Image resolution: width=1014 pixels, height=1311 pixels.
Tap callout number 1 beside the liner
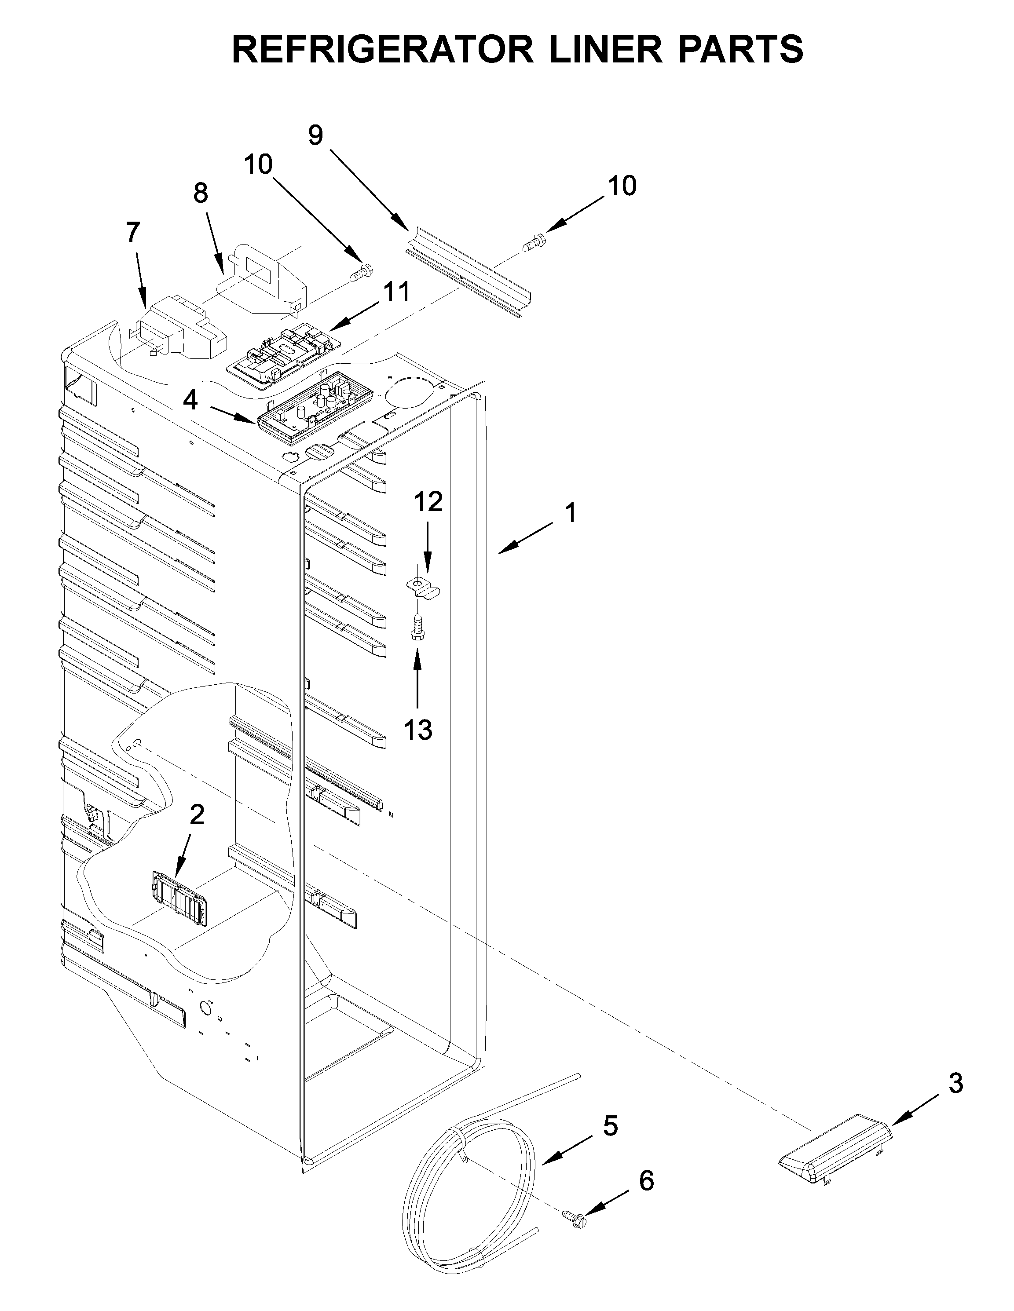(571, 513)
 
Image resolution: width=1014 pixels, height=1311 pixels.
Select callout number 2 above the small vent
(196, 814)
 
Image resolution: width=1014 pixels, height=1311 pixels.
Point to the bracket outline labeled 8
(264, 282)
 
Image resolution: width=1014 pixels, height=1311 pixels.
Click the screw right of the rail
(533, 243)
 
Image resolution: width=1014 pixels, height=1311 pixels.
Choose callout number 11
(396, 292)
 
